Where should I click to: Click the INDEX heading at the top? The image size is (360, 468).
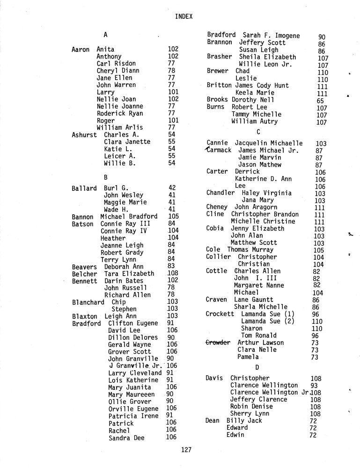coord(184,16)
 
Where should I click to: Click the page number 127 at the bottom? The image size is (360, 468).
coord(186,450)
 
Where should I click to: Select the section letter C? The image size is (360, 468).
coord(258,132)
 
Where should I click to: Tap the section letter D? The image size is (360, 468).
coord(257,366)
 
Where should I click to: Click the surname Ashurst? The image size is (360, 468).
coord(84,134)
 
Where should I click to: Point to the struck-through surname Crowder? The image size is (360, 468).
coord(218,343)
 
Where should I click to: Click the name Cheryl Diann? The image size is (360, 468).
coord(118,71)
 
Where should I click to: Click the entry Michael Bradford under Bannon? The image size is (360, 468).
coord(129,217)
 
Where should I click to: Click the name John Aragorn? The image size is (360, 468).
coord(256,207)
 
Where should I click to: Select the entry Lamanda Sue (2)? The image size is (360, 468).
coord(267,321)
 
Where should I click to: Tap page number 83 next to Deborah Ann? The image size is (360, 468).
coord(172,266)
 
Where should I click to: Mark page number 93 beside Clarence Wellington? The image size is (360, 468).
coord(315,385)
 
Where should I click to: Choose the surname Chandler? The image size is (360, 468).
coord(220,193)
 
